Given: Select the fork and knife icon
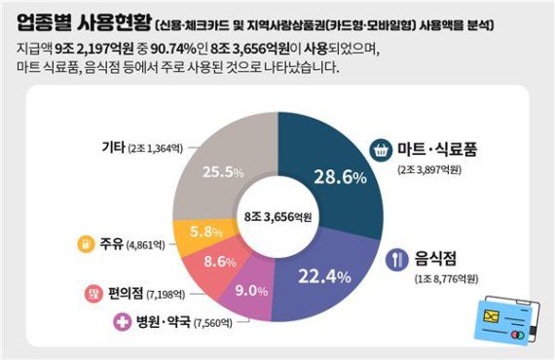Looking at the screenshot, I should [x=396, y=260].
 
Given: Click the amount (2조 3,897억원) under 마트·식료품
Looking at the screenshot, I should [x=435, y=170].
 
